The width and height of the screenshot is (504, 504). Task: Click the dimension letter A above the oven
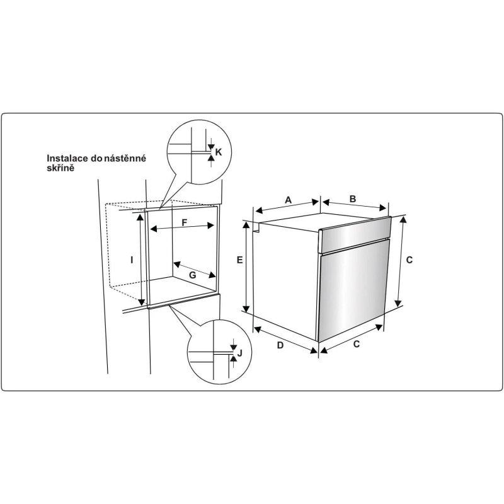289,200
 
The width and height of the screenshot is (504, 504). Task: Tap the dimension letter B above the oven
353,198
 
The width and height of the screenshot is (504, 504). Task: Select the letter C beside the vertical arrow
409,260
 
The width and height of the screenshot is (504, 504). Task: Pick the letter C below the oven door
357,344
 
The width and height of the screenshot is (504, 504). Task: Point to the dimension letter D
280,345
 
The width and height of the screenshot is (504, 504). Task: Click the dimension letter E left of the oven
240,260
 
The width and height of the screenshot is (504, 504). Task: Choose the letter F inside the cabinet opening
185,222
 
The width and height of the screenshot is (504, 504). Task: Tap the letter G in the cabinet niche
192,275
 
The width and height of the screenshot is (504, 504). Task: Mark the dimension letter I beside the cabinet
132,260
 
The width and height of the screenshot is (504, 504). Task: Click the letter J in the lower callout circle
239,353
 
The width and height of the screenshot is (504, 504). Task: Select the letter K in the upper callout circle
218,152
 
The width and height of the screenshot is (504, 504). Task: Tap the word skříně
60,168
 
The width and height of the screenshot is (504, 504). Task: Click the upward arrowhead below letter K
211,157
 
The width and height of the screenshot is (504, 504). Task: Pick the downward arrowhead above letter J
233,348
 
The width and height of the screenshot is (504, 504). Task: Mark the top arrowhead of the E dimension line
246,225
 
